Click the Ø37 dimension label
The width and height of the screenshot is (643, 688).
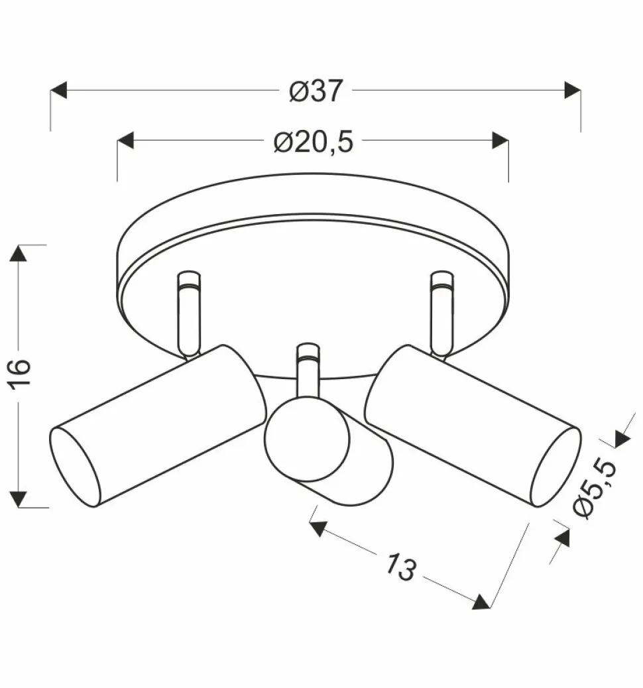point(317,91)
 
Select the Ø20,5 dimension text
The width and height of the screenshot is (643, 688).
point(314,142)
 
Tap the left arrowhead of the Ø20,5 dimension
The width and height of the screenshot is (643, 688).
point(126,141)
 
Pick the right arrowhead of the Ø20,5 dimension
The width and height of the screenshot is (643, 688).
point(500,141)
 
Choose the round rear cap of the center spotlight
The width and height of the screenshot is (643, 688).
point(307,439)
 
